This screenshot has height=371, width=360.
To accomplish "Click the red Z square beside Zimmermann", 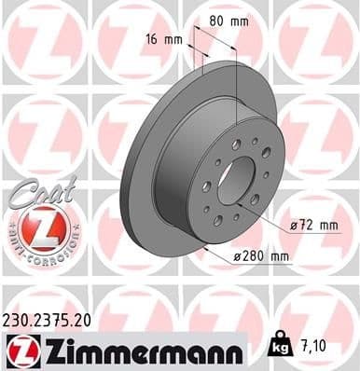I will (x=21, y=349).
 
